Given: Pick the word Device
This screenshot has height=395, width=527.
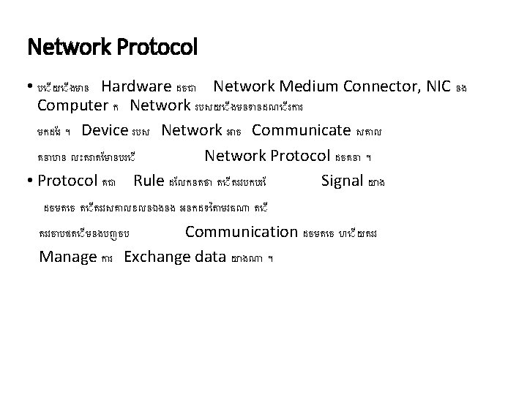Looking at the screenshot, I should point(105,131).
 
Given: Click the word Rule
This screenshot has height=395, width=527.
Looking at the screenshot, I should point(149,180).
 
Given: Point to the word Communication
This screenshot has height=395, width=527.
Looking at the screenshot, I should point(240,232).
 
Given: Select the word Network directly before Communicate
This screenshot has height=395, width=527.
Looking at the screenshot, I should point(192,131).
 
